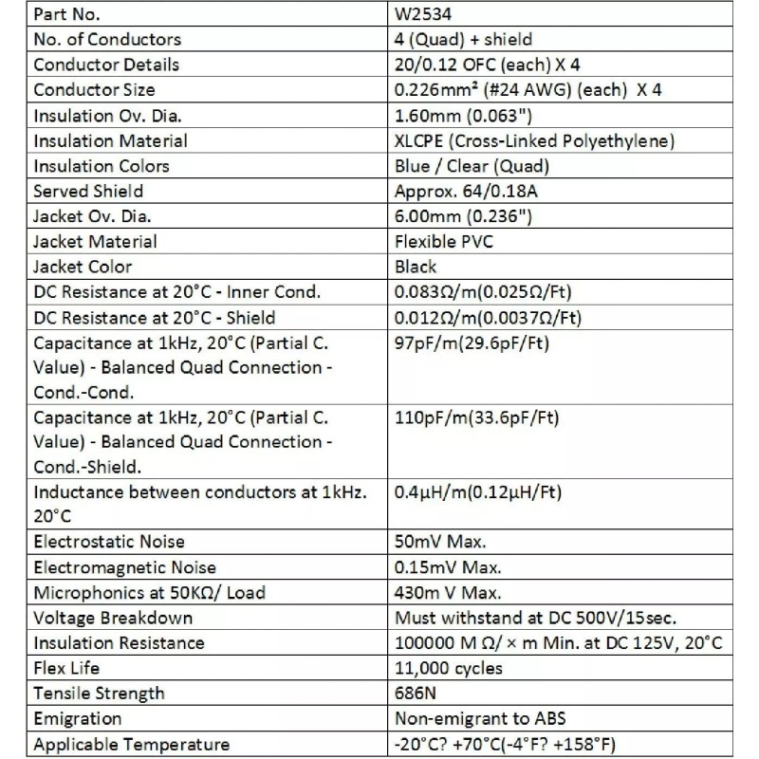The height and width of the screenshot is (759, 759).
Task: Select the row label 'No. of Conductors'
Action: (x=106, y=40)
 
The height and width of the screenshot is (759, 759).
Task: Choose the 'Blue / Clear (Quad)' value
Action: (x=471, y=166)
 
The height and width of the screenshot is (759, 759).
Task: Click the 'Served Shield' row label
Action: (x=88, y=191)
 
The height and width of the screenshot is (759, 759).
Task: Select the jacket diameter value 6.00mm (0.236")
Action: (x=462, y=216)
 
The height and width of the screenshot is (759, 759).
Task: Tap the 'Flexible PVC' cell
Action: (x=443, y=241)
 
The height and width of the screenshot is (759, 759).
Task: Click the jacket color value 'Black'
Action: (x=416, y=267)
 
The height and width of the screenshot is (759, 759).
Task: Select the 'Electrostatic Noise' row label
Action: (x=109, y=542)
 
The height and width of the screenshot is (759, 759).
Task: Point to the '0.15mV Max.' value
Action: (x=448, y=567)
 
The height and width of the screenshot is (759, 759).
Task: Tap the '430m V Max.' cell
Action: (x=448, y=593)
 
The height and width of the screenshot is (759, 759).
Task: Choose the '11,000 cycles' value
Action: (x=449, y=668)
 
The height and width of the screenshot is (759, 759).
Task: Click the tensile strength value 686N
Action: (x=415, y=694)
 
